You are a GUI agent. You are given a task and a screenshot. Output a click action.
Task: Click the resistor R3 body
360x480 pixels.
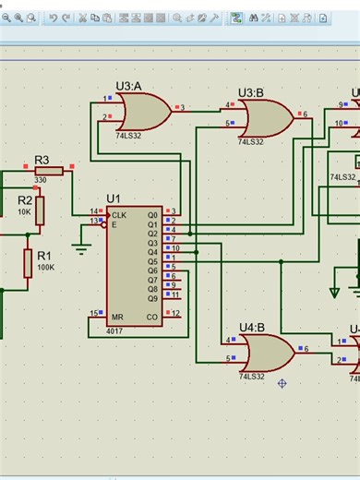(48, 171)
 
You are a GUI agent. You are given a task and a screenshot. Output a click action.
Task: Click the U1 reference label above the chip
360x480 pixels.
(113, 198)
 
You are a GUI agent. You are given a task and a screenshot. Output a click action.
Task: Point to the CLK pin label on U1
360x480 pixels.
(120, 214)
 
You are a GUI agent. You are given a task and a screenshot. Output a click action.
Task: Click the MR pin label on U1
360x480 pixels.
(117, 317)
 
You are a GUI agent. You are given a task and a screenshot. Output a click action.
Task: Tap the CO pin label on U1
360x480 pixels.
(151, 317)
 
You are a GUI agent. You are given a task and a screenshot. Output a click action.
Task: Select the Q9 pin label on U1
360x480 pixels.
(151, 298)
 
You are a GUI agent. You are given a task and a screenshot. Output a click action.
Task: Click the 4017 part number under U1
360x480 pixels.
(115, 330)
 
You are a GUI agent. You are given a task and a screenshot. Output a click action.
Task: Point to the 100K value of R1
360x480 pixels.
(45, 267)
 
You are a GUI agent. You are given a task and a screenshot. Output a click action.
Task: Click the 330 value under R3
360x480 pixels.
(42, 181)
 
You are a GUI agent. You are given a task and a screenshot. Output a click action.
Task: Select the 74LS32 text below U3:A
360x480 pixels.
(130, 136)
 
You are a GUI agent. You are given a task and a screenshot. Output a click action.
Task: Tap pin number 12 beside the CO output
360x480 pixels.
(174, 313)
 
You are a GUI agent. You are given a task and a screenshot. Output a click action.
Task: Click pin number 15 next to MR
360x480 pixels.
(93, 313)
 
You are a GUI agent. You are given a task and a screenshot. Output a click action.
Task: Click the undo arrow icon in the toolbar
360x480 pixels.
(54, 18)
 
